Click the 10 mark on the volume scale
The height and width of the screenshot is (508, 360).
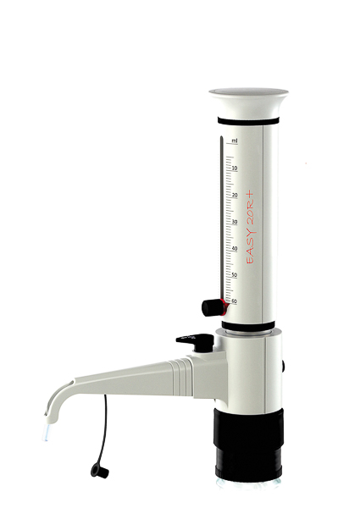[x=234, y=168]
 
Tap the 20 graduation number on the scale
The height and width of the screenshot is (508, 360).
[x=234, y=196]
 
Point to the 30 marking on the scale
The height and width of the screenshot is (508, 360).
[x=234, y=222]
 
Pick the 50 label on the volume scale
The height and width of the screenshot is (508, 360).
[x=234, y=275]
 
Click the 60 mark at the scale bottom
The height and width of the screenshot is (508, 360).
[x=234, y=301]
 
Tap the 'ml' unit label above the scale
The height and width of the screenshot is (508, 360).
[x=234, y=140]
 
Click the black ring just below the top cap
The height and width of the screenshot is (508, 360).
[x=247, y=119]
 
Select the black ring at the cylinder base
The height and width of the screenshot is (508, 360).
[x=247, y=327]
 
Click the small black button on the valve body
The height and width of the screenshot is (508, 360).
[x=284, y=366]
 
